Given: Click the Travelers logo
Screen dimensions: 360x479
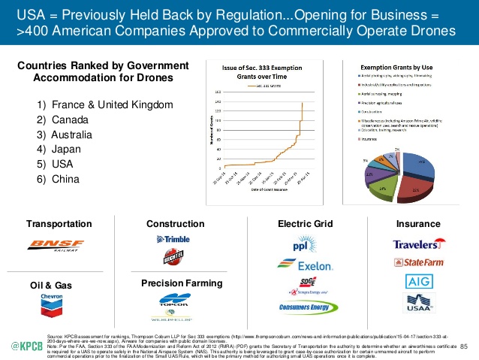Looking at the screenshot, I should pos(417,244).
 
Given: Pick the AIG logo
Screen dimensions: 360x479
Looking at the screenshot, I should pos(417,282).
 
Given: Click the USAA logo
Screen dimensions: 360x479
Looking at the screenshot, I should pos(417,304).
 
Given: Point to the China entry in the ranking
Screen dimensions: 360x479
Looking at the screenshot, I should pos(65,178).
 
